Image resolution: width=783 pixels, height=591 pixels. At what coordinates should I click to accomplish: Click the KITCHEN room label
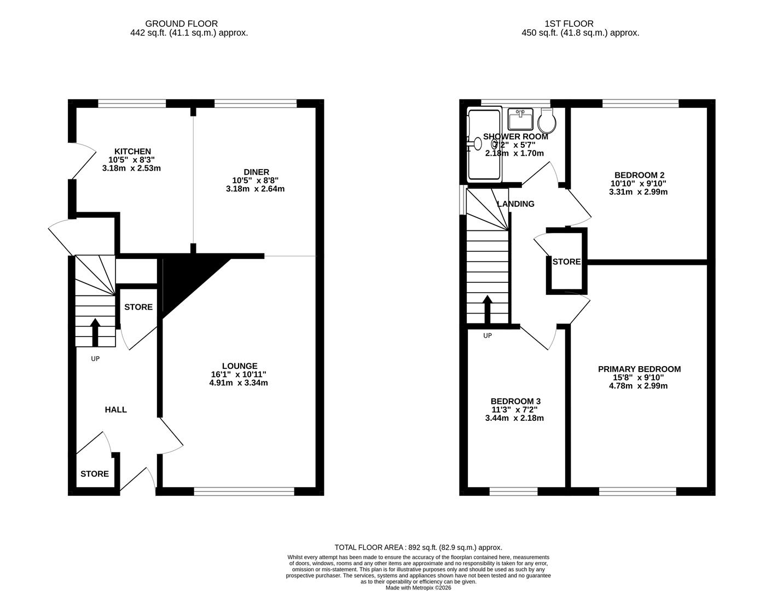pyautogui.click(x=132, y=152)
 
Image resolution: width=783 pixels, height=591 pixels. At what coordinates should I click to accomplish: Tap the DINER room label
pyautogui.click(x=256, y=172)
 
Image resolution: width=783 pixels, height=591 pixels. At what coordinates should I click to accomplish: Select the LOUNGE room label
pyautogui.click(x=240, y=366)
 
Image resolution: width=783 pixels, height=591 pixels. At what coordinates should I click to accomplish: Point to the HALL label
pyautogui.click(x=116, y=409)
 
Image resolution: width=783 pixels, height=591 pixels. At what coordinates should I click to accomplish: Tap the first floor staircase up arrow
pyautogui.click(x=487, y=310)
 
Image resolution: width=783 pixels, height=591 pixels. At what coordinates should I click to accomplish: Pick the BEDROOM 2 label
pyautogui.click(x=638, y=175)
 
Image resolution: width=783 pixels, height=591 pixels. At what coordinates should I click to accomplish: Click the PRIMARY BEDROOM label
pyautogui.click(x=639, y=369)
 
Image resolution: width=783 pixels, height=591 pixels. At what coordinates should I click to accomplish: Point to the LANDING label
pyautogui.click(x=515, y=204)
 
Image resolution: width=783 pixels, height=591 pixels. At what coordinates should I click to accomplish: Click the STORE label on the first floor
pyautogui.click(x=566, y=262)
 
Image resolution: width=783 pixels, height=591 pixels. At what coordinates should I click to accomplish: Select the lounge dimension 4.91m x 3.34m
pyautogui.click(x=240, y=383)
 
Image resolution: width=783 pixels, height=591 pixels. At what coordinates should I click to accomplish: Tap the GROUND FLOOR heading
pyautogui.click(x=181, y=24)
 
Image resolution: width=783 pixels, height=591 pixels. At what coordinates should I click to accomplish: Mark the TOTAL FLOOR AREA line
pyautogui.click(x=418, y=547)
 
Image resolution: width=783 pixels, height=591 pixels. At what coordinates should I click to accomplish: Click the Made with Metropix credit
pyautogui.click(x=418, y=588)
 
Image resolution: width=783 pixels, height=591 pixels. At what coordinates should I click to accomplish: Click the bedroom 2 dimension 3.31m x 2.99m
pyautogui.click(x=638, y=192)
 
